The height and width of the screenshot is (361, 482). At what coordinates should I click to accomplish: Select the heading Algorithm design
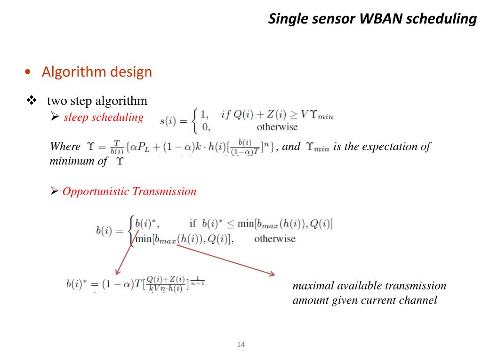tap(97, 72)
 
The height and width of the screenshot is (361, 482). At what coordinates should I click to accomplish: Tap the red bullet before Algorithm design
tap(29, 72)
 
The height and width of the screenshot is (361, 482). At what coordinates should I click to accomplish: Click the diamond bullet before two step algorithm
tap(32, 100)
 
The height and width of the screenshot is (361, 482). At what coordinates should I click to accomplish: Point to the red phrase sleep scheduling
tap(103, 117)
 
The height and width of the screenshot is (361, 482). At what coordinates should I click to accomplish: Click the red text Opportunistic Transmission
tap(129, 191)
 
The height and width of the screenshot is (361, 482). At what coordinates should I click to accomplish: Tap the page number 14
tap(241, 345)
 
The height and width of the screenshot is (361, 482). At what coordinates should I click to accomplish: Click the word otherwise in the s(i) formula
tap(277, 127)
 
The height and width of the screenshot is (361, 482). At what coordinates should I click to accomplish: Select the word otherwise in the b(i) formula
tap(275, 239)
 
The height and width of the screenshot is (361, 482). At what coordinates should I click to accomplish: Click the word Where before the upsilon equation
tap(65, 146)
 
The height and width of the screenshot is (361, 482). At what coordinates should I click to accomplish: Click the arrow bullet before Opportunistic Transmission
tap(54, 191)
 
